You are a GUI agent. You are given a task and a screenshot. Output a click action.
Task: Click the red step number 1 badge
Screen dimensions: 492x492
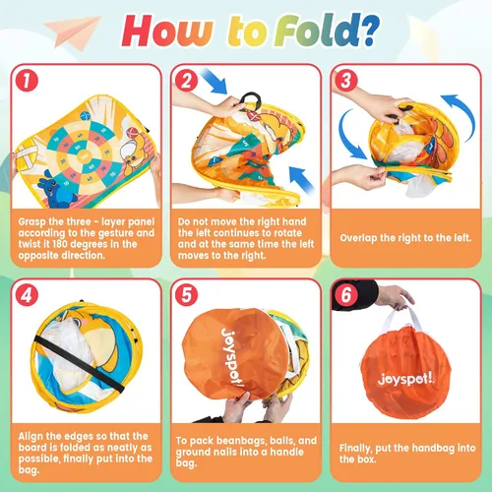[27, 81]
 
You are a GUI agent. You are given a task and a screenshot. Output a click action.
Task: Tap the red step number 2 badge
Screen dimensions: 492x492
[186, 81]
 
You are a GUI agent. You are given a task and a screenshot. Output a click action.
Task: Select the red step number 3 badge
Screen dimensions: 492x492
[346, 81]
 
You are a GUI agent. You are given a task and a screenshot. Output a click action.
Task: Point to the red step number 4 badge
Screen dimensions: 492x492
[27, 295]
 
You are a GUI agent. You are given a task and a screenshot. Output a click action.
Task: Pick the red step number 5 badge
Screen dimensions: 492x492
[186, 295]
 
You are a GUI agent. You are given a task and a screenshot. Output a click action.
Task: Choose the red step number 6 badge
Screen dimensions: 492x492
[346, 295]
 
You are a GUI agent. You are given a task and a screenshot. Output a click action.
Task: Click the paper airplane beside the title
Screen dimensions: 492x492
[73, 32]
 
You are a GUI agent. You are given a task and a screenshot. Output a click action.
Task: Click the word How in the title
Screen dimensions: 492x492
[167, 31]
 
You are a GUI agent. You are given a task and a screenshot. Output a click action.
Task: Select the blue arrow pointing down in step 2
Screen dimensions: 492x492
[214, 81]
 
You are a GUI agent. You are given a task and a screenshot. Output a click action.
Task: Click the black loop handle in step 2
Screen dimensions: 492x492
[251, 99]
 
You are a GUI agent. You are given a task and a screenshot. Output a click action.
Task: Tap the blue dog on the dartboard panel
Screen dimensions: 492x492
[56, 192]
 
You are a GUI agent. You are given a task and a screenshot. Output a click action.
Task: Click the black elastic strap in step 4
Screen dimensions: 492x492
[80, 364]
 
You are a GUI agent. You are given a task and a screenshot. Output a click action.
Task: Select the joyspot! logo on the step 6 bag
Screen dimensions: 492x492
[406, 380]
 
